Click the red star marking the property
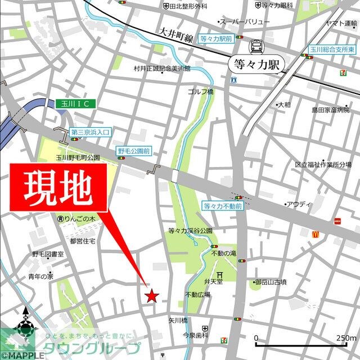[x=151, y=295]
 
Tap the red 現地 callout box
[x=58, y=190]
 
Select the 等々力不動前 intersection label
[x=223, y=206]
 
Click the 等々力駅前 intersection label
[x=216, y=38]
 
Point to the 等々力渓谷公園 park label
[x=190, y=231]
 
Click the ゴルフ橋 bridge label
[x=201, y=92]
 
